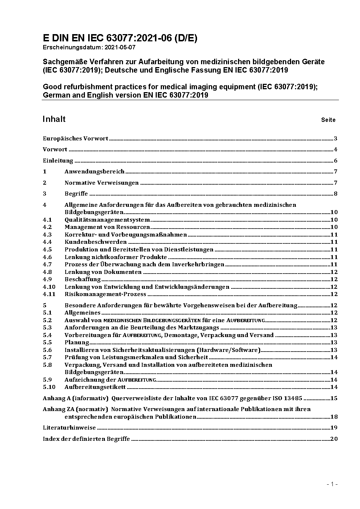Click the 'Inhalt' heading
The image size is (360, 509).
click(54, 119)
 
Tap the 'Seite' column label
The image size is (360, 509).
click(328, 120)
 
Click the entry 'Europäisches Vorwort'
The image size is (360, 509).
click(75, 139)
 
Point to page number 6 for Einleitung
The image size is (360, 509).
click(336, 161)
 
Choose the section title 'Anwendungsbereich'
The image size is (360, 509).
click(94, 172)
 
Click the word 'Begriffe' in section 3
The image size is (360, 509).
click(76, 194)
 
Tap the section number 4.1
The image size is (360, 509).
click(47, 220)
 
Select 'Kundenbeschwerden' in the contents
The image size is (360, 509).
click(95, 242)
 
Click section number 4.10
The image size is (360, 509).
click(49, 287)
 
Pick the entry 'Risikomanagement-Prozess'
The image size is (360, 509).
click(105, 294)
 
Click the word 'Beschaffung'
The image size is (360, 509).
click(82, 279)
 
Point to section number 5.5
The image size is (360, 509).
click(47, 342)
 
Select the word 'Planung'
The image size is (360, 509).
click(77, 342)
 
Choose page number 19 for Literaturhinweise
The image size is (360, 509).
click(334, 428)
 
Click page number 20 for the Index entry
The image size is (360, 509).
click(334, 439)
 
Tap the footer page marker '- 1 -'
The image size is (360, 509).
click(332, 484)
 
